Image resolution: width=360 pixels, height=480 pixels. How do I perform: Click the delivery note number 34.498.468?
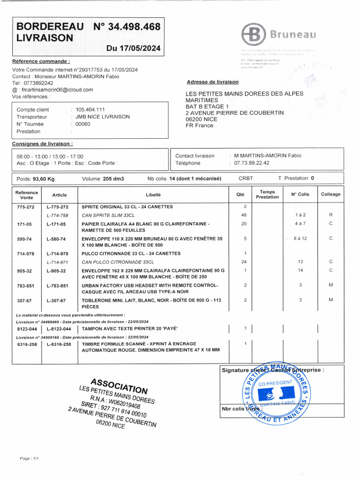[134, 27]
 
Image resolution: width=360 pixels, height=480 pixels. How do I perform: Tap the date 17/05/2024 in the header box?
[134, 48]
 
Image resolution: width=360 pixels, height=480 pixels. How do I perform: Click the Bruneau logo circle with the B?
[253, 34]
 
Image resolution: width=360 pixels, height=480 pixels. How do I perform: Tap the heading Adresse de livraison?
[213, 82]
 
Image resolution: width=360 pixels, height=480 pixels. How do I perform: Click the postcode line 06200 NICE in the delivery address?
[204, 119]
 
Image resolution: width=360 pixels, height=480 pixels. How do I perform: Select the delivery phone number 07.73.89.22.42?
[252, 163]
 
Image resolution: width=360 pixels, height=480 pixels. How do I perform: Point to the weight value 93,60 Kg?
[44, 179]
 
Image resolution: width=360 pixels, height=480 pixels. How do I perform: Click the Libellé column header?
[153, 195]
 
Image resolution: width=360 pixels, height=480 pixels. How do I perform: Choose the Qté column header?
[240, 195]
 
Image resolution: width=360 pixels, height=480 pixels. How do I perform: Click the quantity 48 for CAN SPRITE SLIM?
[244, 215]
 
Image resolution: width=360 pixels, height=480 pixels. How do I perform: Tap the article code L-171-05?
[56, 224]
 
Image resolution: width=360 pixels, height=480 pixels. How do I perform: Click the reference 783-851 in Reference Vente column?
[25, 285]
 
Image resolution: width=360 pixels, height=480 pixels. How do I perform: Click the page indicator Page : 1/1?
[29, 458]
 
